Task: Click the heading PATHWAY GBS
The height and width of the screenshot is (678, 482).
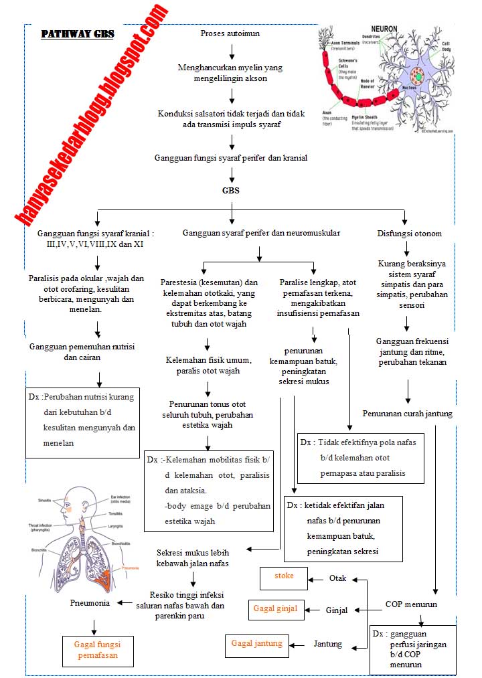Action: click(78, 34)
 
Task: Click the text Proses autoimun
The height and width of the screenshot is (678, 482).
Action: click(230, 33)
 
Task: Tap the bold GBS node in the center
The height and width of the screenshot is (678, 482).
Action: click(231, 190)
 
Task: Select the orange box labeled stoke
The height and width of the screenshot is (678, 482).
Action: click(285, 576)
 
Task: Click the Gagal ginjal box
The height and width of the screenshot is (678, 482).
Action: click(275, 608)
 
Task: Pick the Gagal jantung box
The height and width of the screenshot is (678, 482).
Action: click(257, 643)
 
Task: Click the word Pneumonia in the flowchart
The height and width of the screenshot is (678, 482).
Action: click(90, 602)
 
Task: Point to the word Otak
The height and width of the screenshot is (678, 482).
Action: click(338, 578)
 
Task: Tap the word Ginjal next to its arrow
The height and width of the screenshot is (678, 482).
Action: click(338, 610)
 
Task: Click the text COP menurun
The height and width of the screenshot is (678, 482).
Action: click(411, 604)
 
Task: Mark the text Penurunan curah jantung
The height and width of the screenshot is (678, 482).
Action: click(407, 414)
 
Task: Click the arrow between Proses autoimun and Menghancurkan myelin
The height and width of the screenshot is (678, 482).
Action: click(232, 51)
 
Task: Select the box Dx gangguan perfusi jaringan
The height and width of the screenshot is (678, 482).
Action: click(412, 649)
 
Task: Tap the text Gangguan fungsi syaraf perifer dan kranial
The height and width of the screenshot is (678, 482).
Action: click(231, 159)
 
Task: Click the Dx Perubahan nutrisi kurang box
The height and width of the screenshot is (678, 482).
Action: click(83, 420)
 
